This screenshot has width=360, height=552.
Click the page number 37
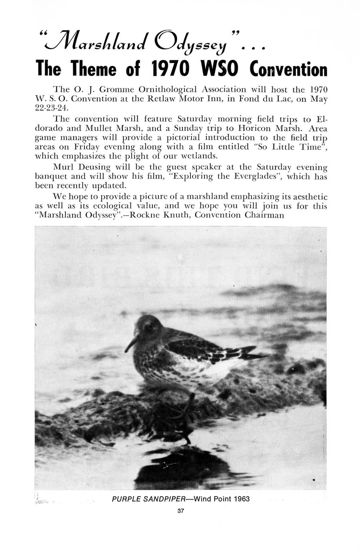coord(180,511)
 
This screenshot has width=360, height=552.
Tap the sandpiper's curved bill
coord(130,344)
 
